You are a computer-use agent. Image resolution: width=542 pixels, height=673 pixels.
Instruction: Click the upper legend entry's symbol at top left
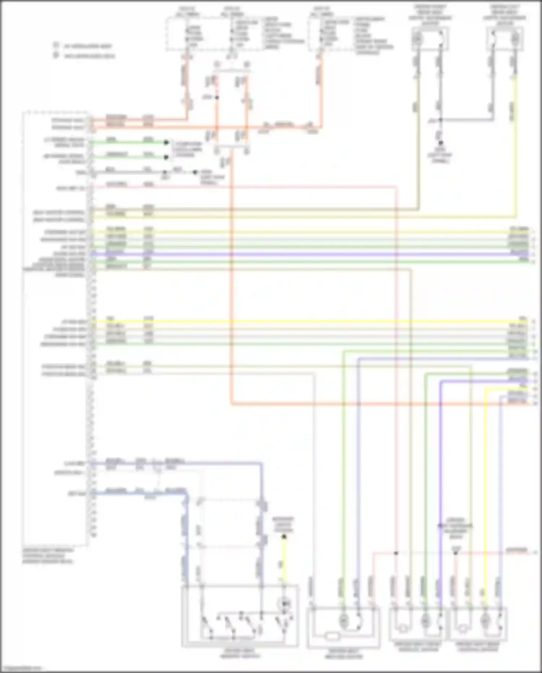point(56,46)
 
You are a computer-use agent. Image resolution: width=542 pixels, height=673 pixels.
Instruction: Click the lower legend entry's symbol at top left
point(56,55)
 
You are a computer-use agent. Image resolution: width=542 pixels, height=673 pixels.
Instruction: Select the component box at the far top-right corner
point(505,39)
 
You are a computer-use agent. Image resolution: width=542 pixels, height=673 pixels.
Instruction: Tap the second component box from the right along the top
point(430,39)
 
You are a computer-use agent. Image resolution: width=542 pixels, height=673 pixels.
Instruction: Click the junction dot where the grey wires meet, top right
point(440,120)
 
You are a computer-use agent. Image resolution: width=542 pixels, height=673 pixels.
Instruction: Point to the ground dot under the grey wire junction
point(440,143)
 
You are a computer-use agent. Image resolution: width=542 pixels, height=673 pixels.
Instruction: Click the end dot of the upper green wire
point(166,142)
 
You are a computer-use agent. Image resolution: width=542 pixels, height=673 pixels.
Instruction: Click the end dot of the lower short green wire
point(166,157)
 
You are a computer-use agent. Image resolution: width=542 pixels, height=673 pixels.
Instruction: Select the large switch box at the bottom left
point(240,616)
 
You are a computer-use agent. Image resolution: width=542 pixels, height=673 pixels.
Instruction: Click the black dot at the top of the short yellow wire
point(284,537)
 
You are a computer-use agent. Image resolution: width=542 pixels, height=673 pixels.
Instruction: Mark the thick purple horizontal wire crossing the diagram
point(289,255)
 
